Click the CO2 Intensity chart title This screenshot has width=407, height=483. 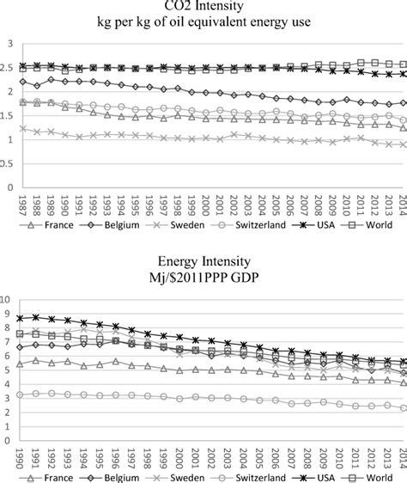coord(204,9)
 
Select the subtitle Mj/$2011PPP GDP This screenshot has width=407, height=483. coord(204,276)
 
